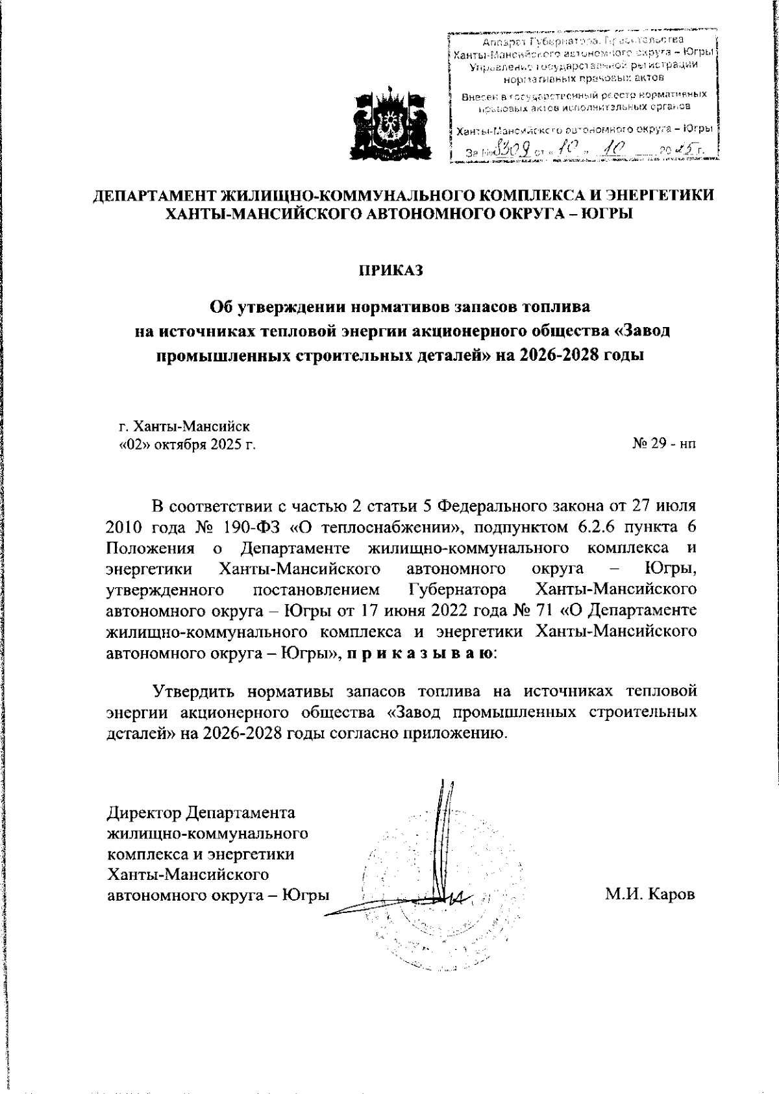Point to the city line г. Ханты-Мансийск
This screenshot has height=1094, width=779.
(184, 426)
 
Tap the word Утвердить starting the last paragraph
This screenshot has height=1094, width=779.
(195, 691)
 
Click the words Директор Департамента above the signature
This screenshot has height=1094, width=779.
(201, 812)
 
